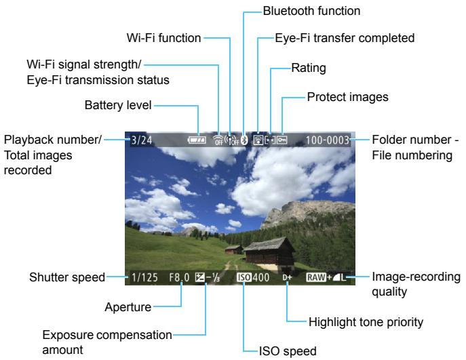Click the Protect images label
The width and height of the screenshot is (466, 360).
tap(348, 97)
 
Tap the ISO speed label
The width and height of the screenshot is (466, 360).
tap(286, 350)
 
